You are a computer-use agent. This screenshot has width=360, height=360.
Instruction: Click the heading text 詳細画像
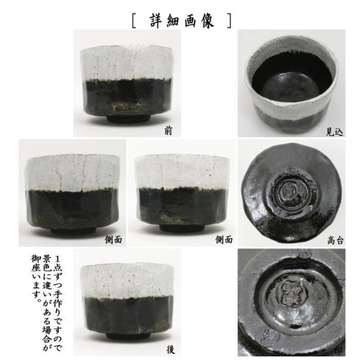(182, 21)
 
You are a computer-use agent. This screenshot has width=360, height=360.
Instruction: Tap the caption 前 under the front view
(168, 131)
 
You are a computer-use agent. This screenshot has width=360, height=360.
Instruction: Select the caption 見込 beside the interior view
(334, 132)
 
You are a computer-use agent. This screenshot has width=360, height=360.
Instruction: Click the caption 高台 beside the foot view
(335, 240)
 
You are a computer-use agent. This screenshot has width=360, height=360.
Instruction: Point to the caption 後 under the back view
(170, 350)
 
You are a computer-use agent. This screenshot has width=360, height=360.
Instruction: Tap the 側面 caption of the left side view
(113, 240)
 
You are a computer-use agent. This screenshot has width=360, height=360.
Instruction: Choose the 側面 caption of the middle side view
(224, 240)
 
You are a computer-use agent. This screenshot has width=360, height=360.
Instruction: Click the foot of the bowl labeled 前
(128, 118)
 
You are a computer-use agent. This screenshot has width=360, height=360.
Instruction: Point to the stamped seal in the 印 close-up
(291, 294)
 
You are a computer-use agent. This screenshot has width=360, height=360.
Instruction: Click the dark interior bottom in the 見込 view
(291, 85)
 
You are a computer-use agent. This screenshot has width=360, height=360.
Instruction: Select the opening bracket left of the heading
(134, 21)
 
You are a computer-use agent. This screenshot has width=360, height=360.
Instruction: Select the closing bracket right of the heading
(230, 21)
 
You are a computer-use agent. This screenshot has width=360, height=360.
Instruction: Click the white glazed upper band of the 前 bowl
(126, 63)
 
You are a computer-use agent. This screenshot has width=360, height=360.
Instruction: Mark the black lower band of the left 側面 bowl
(72, 208)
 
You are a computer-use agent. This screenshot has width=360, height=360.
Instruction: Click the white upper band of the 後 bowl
(127, 280)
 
